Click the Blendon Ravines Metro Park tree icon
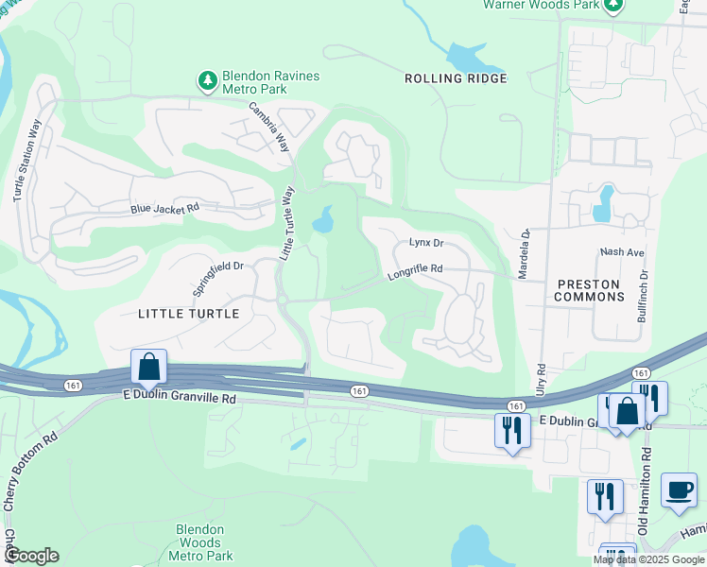pos(207,82)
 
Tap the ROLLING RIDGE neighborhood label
pos(456,78)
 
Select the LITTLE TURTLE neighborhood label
pos(188,313)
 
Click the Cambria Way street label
pos(269,128)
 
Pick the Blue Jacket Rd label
pos(164,208)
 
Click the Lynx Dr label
pos(426,243)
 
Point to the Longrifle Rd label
pos(415,272)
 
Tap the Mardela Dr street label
pos(525,252)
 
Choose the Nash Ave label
pos(621,253)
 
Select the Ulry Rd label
pos(542,379)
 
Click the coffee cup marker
pos(678,490)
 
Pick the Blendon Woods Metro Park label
pos(199,542)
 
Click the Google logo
pos(31,556)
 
